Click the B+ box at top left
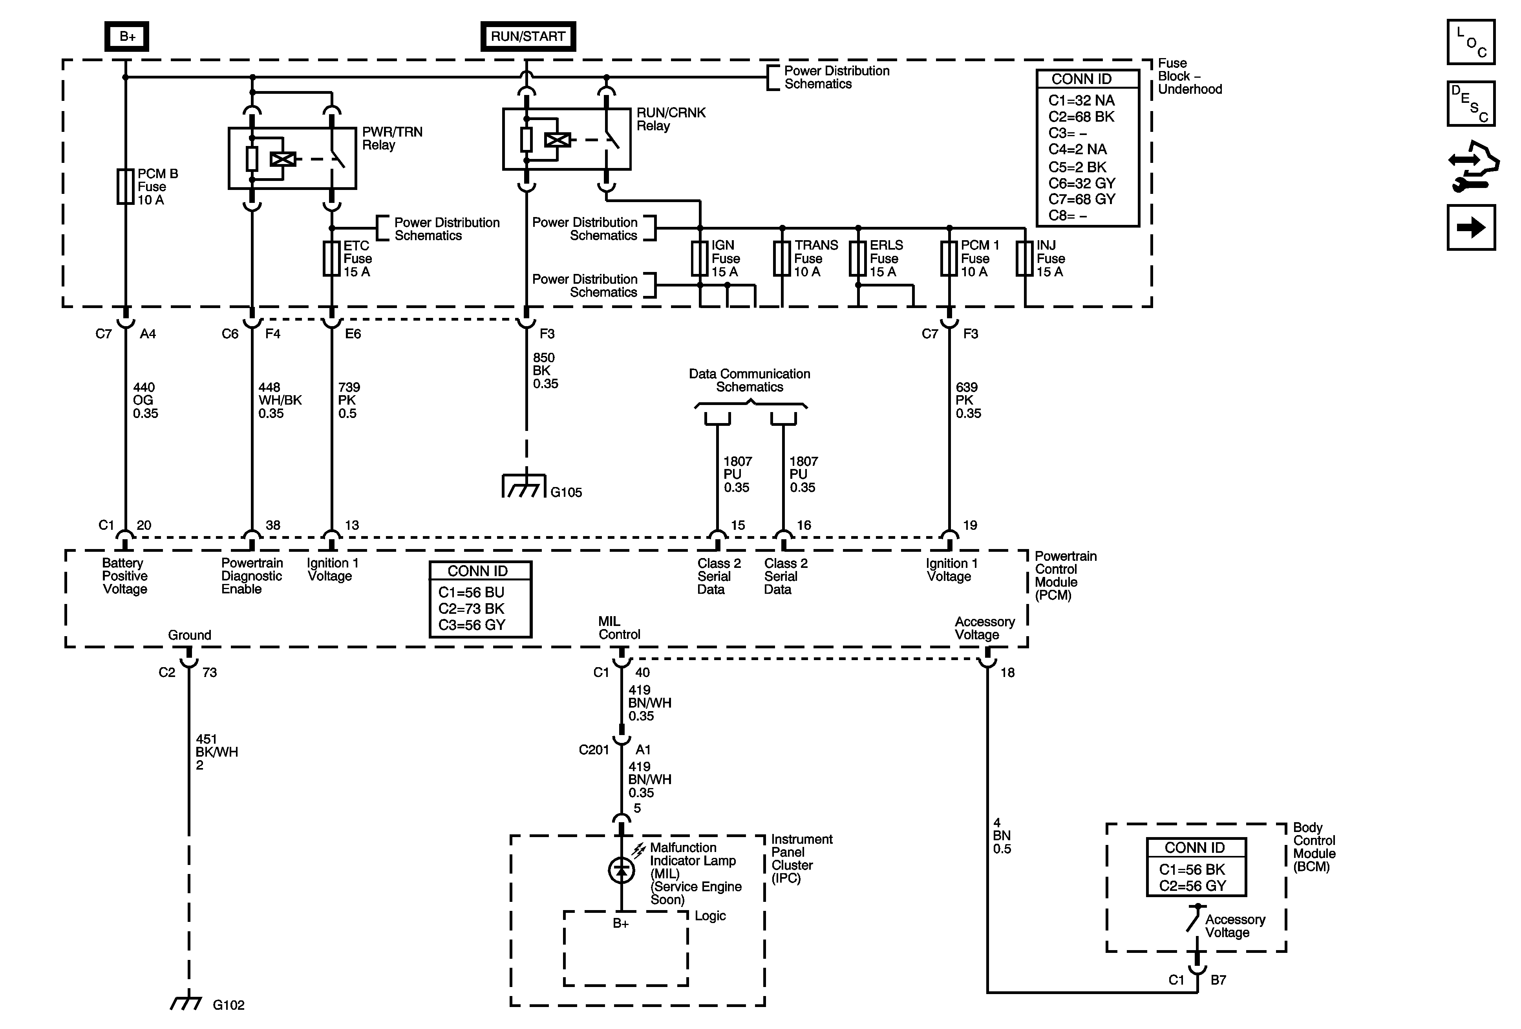pos(127,36)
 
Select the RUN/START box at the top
pos(528,36)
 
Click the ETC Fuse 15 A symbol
pos(332,258)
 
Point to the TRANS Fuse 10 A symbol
pos(782,258)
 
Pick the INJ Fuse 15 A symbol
pos(1024,258)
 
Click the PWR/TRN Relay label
pos(392,138)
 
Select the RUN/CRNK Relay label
pos(671,119)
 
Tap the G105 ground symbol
pos(524,486)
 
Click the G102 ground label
pos(229,1005)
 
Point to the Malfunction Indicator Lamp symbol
pos(622,871)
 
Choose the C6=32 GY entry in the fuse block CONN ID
pos(1082,183)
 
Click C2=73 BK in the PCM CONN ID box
pos(471,608)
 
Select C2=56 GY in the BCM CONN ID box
pos(1192,886)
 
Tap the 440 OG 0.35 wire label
pos(145,400)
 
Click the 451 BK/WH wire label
pos(217,752)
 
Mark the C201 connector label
pos(594,750)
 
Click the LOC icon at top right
pos(1471,42)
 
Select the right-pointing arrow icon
pos(1471,228)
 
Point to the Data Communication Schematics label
pos(750,380)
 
